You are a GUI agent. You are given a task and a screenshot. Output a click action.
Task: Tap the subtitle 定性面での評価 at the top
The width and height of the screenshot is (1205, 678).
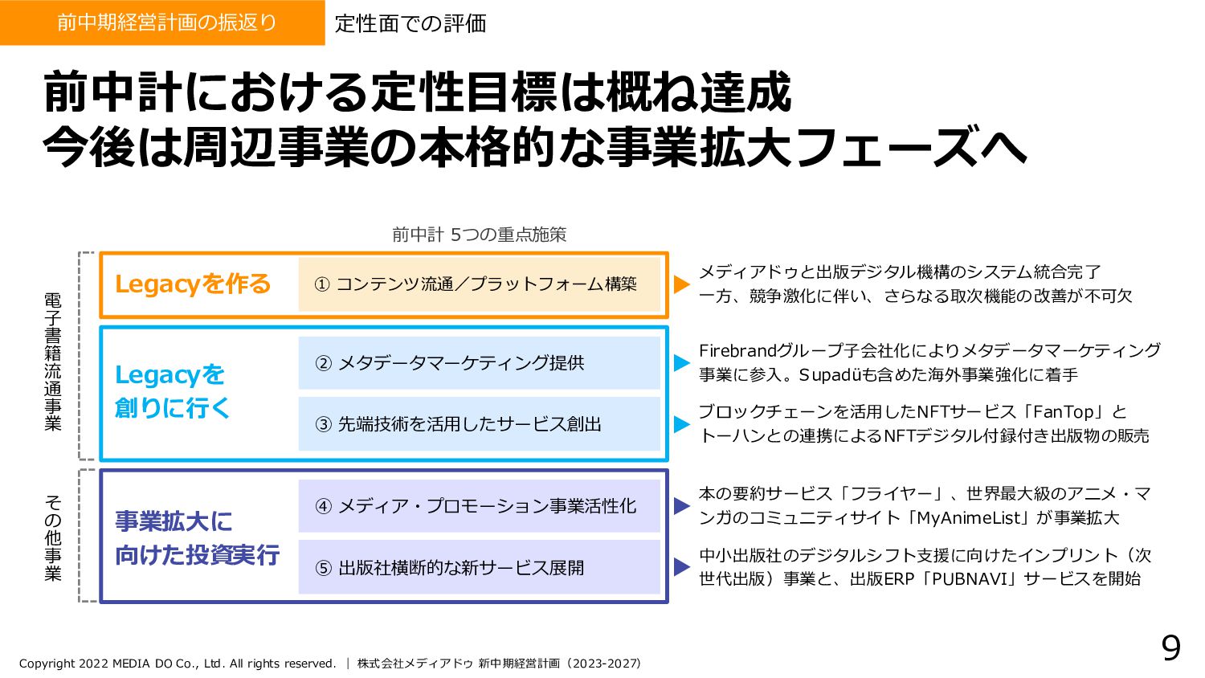point(411,23)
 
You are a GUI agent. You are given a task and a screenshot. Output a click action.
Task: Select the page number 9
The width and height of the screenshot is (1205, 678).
point(1170,647)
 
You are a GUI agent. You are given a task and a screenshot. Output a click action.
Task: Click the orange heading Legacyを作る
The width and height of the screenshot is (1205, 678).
point(193,284)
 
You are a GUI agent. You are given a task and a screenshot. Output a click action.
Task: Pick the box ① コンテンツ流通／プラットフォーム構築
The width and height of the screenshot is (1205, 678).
point(479,284)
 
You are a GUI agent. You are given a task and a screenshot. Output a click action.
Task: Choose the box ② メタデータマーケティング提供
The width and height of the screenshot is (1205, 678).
point(479,363)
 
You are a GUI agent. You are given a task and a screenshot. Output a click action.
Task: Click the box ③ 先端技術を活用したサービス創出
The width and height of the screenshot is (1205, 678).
point(479,424)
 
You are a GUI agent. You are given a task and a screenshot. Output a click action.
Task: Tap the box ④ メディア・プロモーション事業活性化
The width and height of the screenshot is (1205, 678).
point(479,506)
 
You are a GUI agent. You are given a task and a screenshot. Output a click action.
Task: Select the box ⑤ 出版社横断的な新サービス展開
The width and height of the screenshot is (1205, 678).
point(479,568)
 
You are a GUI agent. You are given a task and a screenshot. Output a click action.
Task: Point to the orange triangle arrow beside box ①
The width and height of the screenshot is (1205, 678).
point(681,284)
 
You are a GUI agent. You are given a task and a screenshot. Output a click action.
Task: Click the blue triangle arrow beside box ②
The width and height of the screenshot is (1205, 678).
point(681,362)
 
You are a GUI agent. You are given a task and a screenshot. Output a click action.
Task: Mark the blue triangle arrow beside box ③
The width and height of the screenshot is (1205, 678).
point(681,424)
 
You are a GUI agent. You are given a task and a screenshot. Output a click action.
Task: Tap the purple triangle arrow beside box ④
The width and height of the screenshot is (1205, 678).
point(681,506)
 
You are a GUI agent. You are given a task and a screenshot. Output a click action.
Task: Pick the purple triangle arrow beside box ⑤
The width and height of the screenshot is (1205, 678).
point(681,567)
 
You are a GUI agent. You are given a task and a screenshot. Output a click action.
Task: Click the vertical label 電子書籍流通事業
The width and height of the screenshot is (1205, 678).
point(53,361)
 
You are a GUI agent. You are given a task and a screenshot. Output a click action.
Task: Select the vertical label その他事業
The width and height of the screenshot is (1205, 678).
point(53,537)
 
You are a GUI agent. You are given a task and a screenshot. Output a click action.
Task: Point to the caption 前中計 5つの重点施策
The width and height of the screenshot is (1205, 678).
point(479,235)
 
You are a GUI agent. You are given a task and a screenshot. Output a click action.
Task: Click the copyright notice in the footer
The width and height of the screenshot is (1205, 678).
point(178,664)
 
